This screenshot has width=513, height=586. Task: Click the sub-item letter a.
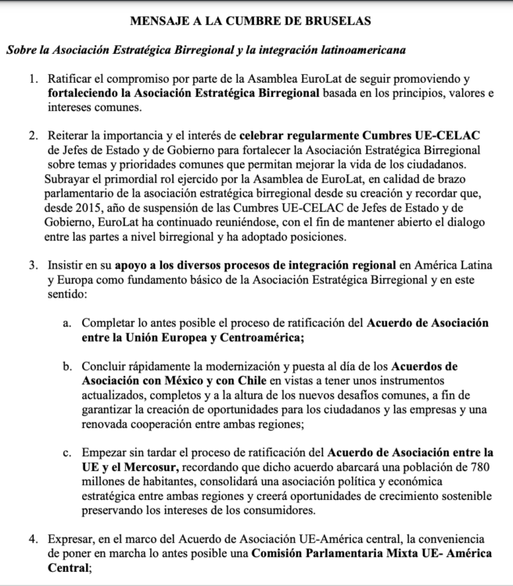point(68,323)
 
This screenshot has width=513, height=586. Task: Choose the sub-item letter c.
point(68,452)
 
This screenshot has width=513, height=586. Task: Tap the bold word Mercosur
point(141,466)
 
